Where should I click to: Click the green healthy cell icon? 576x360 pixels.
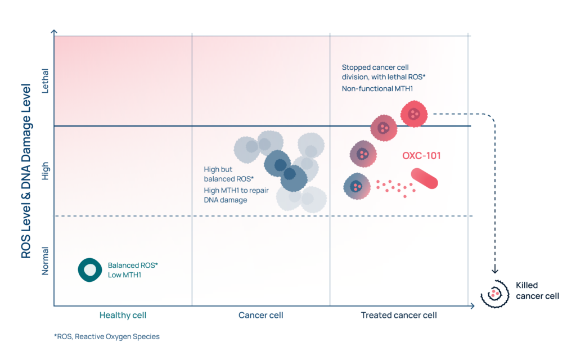[89, 270]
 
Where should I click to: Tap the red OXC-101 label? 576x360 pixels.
[421, 156]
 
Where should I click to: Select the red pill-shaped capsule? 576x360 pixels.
[424, 178]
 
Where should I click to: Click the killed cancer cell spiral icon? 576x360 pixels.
[495, 294]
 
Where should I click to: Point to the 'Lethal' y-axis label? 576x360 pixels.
[45, 81]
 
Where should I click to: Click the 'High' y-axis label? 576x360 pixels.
[45, 171]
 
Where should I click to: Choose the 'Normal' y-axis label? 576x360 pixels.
[45, 261]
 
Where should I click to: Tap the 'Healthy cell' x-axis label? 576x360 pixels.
[123, 315]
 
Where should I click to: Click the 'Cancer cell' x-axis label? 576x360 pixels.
[261, 315]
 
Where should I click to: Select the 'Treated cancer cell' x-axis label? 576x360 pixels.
[399, 315]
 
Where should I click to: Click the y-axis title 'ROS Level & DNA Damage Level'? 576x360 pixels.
[26, 171]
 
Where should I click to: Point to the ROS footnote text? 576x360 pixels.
[107, 336]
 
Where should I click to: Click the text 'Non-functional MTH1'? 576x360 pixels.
[377, 88]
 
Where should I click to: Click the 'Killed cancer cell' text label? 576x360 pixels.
[537, 291]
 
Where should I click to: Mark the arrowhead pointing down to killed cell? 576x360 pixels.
[495, 271]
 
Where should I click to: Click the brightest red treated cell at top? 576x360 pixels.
[414, 114]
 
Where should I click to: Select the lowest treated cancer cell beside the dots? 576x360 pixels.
[357, 186]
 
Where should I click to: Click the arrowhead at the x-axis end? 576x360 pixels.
[472, 305]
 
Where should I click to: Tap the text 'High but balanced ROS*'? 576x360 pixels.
[228, 174]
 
